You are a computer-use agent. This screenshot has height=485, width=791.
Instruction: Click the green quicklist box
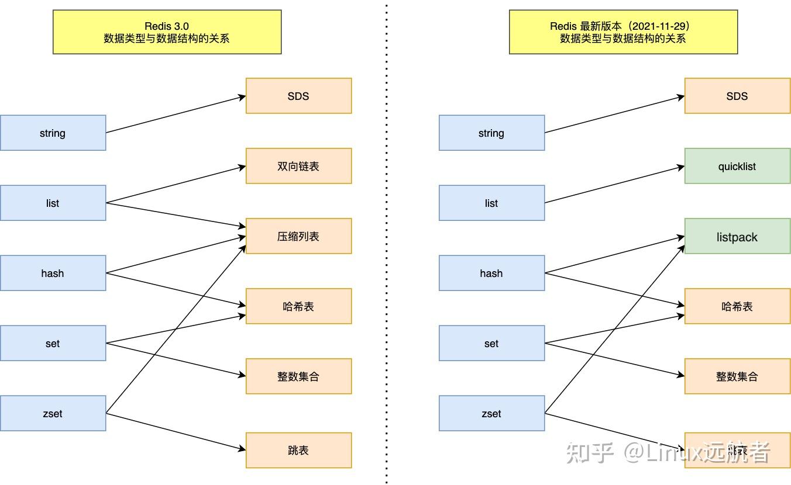(x=737, y=166)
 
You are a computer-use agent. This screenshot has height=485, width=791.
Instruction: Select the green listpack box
(x=737, y=236)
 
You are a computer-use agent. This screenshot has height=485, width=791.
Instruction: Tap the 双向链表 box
(x=298, y=166)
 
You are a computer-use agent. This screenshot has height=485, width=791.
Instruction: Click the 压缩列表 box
(x=298, y=236)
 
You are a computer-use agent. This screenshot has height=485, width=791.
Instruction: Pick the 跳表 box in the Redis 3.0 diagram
(x=298, y=450)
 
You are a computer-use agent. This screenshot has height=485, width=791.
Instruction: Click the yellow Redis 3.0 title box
(x=167, y=32)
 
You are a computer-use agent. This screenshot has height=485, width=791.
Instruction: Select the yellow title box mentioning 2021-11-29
(x=623, y=32)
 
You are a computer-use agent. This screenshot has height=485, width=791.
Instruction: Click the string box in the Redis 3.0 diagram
(x=53, y=133)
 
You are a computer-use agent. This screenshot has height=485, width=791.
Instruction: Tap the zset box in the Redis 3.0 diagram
(x=53, y=413)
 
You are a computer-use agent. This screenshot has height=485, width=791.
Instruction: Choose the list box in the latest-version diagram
(x=491, y=203)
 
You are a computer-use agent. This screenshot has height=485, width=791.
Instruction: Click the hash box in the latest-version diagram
(x=491, y=273)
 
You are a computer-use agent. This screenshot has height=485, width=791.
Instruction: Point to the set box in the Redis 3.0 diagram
(x=53, y=343)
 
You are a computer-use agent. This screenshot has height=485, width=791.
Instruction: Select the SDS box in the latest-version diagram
(x=737, y=96)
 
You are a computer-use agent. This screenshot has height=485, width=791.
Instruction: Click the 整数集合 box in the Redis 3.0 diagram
(x=298, y=376)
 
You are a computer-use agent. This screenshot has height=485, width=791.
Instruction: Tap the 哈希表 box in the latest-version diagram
(x=737, y=306)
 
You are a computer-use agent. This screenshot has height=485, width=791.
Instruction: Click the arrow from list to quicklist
(x=614, y=185)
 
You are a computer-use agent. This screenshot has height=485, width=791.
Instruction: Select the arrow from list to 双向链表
(x=176, y=185)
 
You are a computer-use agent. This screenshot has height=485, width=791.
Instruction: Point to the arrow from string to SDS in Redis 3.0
(x=176, y=115)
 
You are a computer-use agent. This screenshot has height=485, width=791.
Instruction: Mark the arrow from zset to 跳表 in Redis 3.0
(x=176, y=431)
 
